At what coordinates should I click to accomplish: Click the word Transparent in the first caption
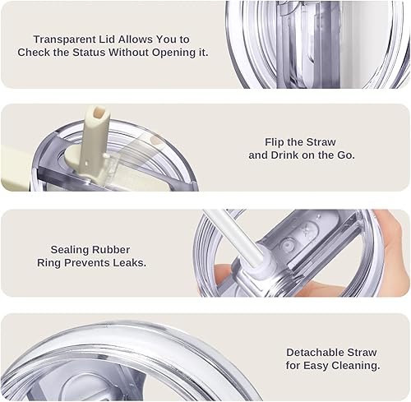65,39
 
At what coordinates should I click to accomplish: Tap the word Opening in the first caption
173,53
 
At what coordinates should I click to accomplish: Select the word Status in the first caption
89,53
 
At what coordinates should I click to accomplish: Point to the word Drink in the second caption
285,155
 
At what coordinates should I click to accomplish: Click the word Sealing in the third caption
69,250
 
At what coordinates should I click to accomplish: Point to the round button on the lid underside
287,243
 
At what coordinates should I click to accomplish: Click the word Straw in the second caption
321,142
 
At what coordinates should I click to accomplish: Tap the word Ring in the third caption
48,263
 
